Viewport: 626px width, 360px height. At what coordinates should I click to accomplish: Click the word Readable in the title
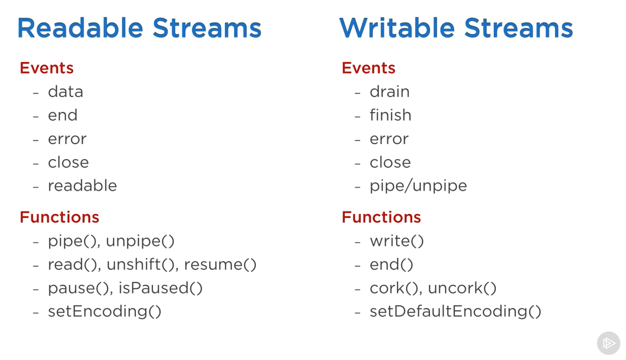point(80,28)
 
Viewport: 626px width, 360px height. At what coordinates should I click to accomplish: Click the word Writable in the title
point(397,28)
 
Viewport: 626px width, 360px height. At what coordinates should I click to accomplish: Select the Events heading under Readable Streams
point(47,68)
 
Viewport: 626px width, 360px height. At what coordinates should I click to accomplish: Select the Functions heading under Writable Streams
point(381,217)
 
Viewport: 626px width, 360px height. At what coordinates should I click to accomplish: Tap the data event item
point(65,92)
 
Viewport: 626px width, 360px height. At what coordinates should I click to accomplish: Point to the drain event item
point(389,92)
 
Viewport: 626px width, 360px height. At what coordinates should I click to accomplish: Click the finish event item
point(390,115)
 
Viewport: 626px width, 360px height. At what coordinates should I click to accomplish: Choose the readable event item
point(82,186)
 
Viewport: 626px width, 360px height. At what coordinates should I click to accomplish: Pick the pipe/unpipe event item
point(418,186)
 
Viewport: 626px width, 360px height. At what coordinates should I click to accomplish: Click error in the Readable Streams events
point(67,139)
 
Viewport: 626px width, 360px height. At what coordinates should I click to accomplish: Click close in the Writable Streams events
point(390,162)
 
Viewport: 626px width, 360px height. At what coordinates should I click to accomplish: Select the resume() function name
point(220,265)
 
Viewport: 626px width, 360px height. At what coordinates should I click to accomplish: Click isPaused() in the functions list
point(160,288)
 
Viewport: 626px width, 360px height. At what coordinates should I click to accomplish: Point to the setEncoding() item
point(104,311)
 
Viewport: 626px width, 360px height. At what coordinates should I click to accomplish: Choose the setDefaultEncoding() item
point(455,311)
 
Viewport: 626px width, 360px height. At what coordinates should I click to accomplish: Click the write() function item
point(396,241)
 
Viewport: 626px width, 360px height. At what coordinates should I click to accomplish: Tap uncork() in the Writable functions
point(462,288)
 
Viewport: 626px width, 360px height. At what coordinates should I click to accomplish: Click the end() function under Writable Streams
point(391,265)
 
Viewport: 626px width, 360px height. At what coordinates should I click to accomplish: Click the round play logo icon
point(608,343)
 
